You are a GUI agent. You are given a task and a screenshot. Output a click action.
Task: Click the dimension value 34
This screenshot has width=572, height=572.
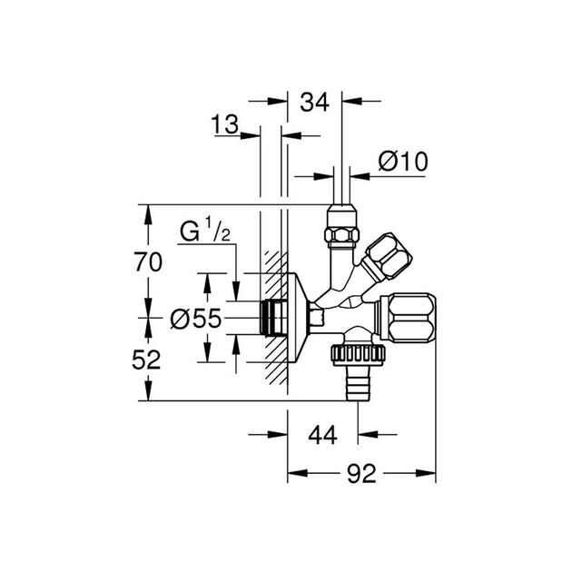[x=314, y=102]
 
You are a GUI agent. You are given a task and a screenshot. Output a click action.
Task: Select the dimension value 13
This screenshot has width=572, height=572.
[x=225, y=124]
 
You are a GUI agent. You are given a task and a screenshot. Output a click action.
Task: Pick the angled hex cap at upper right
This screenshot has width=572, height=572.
[x=388, y=257]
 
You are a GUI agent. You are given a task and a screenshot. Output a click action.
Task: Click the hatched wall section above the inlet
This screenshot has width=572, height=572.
[x=274, y=272]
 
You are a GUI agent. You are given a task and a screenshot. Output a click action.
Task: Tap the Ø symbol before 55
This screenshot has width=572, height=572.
[x=180, y=319]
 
